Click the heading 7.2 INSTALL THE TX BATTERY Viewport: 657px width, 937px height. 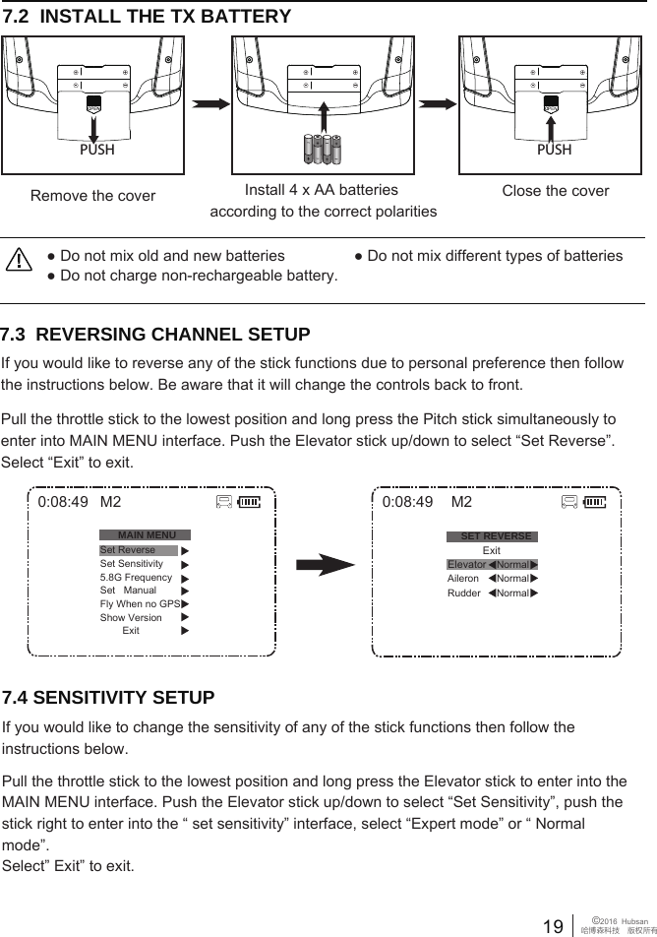(148, 17)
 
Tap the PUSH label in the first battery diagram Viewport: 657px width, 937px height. (96, 151)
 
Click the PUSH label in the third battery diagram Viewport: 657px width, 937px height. (555, 151)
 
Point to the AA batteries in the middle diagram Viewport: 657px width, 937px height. (322, 149)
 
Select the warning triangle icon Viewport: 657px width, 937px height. (19, 259)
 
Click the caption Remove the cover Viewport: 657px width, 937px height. (92, 196)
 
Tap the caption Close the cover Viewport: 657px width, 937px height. (555, 191)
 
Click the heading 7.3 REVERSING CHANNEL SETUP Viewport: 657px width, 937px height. (156, 335)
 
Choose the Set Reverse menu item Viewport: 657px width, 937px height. (129, 550)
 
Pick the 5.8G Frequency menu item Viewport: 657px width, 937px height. (136, 578)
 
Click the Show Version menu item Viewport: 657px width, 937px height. (131, 618)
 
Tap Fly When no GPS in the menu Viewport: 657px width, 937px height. (139, 604)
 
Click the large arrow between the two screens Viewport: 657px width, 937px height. (325, 566)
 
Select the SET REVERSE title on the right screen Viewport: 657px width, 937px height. (496, 536)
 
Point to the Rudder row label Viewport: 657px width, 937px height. (464, 593)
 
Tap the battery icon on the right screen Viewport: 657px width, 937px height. (595, 503)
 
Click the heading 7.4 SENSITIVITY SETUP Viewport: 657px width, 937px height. (109, 699)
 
